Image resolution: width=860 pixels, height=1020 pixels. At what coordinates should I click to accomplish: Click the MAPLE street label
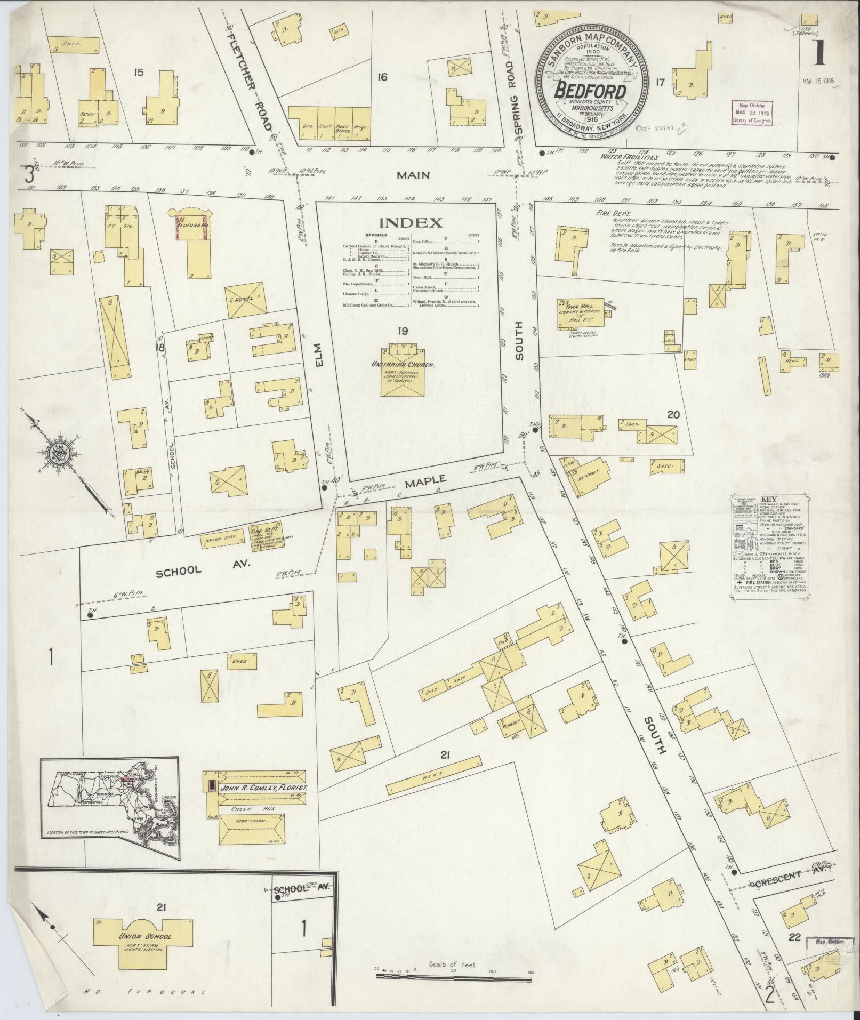425,484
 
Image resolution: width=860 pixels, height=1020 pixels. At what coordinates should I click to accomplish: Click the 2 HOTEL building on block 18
245,299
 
